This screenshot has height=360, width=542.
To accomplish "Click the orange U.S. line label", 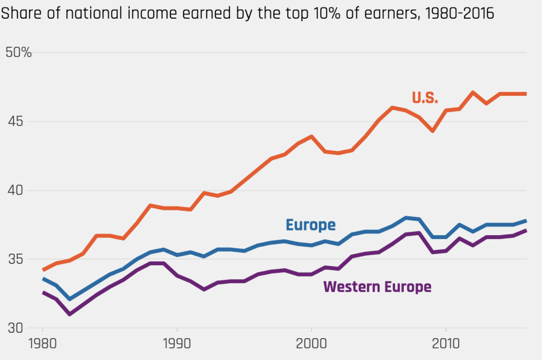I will [x=425, y=98].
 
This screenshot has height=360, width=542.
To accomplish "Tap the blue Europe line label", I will [x=310, y=225].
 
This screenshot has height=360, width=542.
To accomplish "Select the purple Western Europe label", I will [x=377, y=287].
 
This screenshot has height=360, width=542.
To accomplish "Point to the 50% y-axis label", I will [x=19, y=52].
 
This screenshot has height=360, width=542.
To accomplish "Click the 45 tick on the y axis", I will [x=15, y=121].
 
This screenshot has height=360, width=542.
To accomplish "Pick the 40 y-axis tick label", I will [x=15, y=190].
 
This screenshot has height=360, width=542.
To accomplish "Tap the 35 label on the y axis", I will [x=15, y=259].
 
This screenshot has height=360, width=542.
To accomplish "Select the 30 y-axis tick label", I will [x=15, y=328].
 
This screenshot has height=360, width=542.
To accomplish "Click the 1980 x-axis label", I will [x=42, y=343].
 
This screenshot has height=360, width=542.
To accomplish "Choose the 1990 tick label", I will [x=177, y=343].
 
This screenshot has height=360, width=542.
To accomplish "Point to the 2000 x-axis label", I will [x=311, y=343].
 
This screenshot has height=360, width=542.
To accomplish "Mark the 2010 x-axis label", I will [x=446, y=343].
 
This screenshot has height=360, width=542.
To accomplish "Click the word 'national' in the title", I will [x=94, y=13].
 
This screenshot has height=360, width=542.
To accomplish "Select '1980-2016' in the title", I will [x=460, y=13].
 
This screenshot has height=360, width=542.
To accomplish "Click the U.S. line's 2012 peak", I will [x=473, y=93].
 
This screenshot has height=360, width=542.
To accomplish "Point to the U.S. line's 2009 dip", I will [x=433, y=131].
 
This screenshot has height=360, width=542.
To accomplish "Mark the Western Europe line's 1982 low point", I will [x=69, y=314].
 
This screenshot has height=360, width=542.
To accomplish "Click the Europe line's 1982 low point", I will [x=69, y=299].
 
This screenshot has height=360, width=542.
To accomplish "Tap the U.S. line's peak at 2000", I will [x=311, y=136].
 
